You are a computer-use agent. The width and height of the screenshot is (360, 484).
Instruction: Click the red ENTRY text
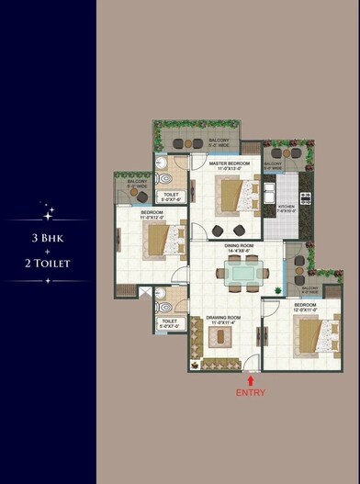point(251,392)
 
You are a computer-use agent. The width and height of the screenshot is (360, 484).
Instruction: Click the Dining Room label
point(239,248)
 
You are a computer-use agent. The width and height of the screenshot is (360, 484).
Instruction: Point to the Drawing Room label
point(220,319)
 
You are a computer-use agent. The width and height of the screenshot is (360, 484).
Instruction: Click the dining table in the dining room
point(244,271)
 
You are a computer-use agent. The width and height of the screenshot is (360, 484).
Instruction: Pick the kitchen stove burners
point(306,195)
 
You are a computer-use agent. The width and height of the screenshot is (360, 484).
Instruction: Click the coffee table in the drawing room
point(220,339)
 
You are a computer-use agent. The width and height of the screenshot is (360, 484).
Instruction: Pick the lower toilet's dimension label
point(171,323)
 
